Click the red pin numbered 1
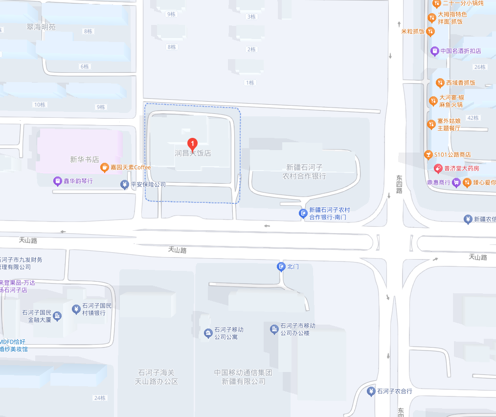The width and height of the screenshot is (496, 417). point(193,144)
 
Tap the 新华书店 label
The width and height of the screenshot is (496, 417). point(85,159)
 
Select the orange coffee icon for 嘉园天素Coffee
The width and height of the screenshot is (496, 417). point(104,168)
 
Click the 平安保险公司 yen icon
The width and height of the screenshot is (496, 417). point(125,184)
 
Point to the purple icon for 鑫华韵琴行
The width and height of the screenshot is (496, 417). point(58,181)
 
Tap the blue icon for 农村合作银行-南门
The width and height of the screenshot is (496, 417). point(303,213)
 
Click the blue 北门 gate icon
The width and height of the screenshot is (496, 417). point(281,266)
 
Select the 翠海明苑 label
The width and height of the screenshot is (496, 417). point(41,27)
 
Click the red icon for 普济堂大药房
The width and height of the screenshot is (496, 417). point(438,169)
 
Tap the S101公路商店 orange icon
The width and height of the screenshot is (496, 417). point(428,154)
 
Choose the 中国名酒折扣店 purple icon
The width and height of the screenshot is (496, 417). point(434,51)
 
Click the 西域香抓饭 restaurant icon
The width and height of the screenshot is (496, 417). point(440,83)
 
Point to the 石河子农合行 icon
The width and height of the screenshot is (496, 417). point(371,391)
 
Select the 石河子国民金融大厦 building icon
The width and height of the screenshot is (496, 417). point(57,316)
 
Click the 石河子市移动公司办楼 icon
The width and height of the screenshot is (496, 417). point(274,329)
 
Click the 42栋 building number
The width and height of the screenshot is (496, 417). point(473,118)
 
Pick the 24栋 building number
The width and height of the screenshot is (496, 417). point(100,398)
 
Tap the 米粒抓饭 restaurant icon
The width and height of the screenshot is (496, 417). point(430,32)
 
